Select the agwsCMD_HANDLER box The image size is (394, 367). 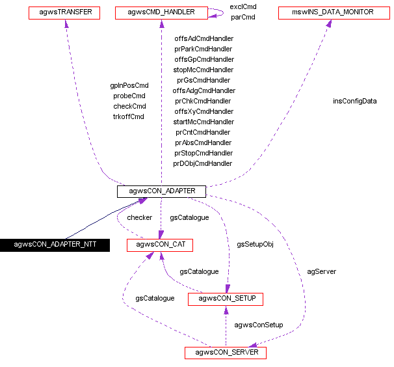click(x=162, y=12)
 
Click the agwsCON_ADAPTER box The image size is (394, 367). click(x=161, y=191)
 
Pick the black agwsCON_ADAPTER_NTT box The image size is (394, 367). click(x=54, y=245)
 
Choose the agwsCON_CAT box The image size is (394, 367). click(x=160, y=245)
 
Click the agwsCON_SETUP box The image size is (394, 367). click(x=226, y=299)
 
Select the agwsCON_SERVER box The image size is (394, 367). click(x=226, y=353)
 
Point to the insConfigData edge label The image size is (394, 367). click(x=354, y=101)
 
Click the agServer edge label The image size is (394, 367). click(x=321, y=271)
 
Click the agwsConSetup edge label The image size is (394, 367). click(x=259, y=325)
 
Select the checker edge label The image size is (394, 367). click(x=139, y=217)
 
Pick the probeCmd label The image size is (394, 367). click(x=129, y=96)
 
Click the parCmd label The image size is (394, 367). click(x=243, y=17)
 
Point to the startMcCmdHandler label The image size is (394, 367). click(x=204, y=122)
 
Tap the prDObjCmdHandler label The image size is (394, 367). click(x=203, y=163)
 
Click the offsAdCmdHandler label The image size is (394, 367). click(x=204, y=38)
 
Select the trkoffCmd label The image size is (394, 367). click(x=128, y=116)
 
